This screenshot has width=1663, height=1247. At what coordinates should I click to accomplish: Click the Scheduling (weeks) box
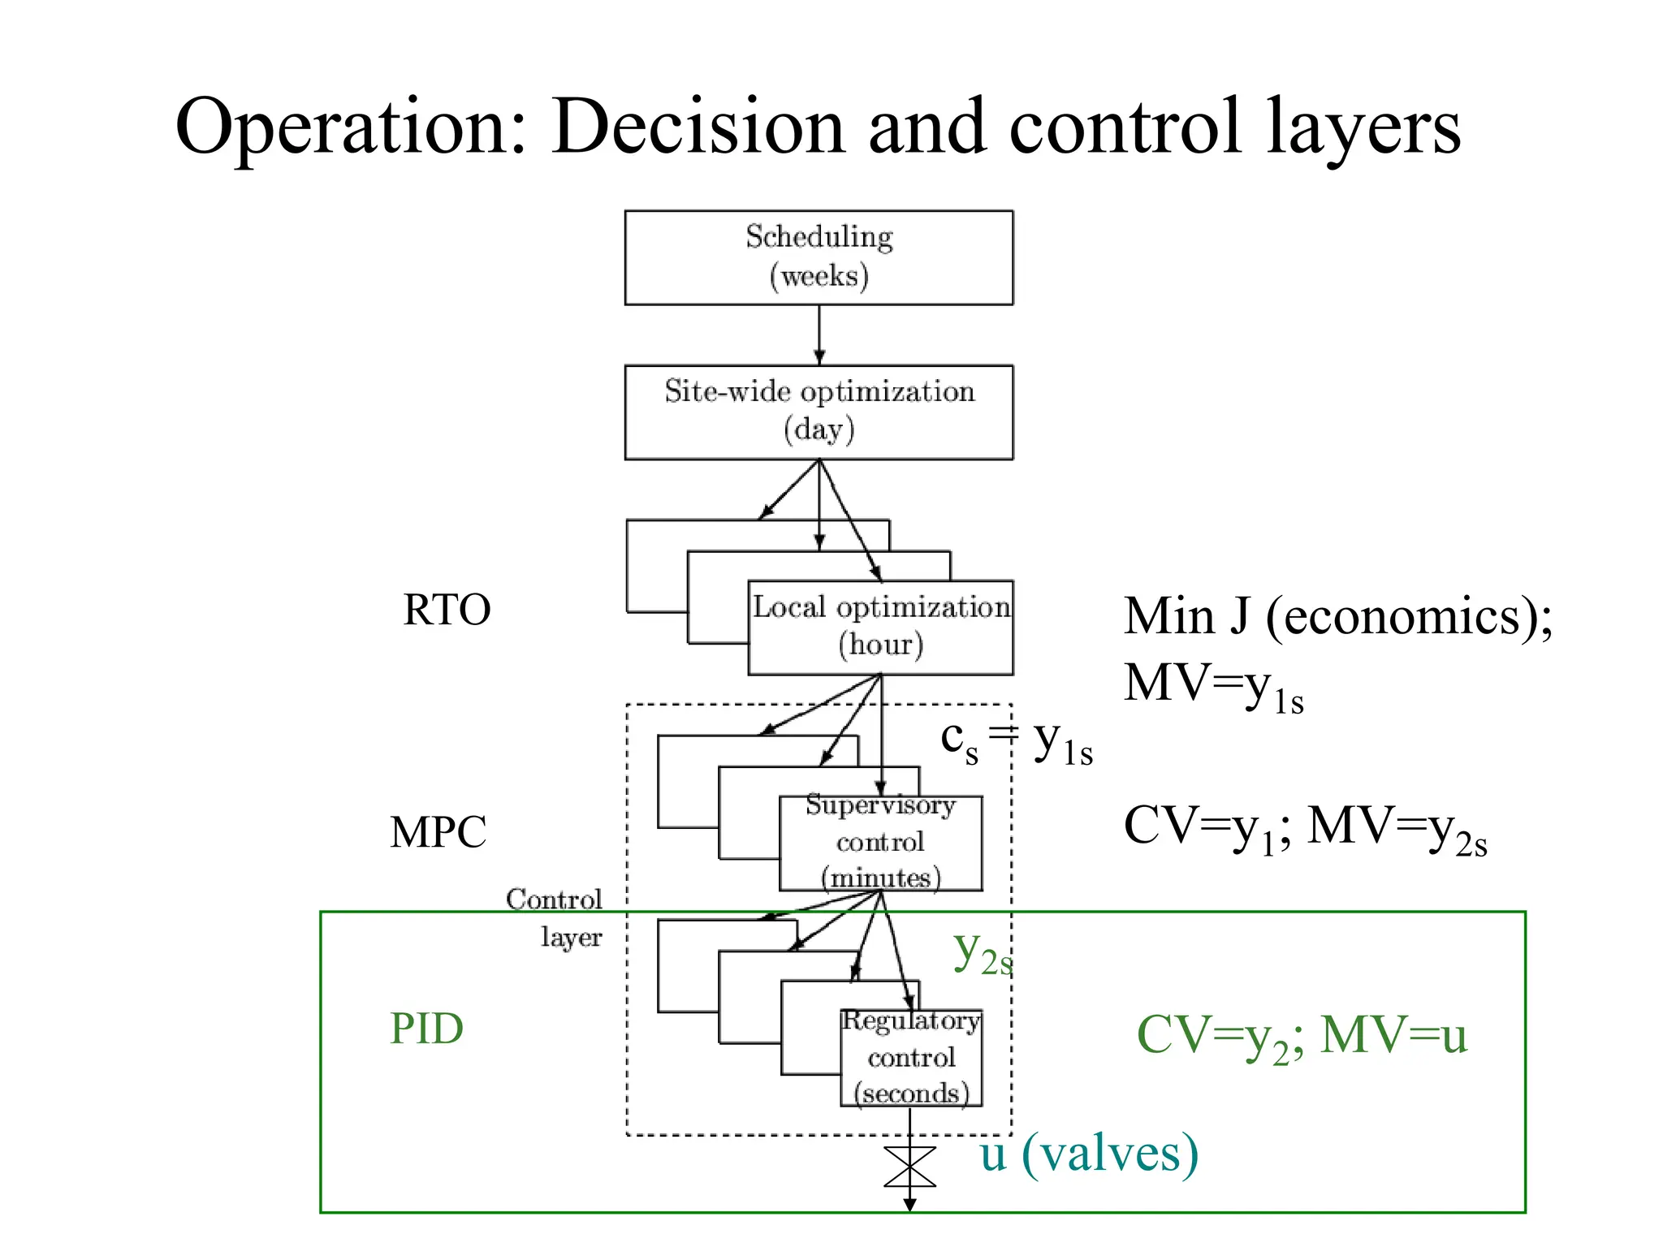pos(819,257)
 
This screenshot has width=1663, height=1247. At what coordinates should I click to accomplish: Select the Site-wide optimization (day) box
pos(819,412)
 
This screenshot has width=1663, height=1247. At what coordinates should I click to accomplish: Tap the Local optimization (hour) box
pos(880,627)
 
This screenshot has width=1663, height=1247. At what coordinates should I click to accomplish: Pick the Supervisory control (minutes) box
pos(880,843)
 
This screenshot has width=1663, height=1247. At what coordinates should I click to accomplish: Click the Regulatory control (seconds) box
pos(911,1057)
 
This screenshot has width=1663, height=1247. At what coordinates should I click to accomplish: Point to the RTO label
pos(447,610)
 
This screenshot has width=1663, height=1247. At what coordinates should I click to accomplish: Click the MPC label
pos(438,832)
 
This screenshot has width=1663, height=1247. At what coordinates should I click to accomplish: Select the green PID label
pos(426,1029)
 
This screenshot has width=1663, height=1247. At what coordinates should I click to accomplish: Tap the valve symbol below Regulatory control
pos(909,1167)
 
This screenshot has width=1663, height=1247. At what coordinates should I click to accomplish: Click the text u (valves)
pos(1088,1154)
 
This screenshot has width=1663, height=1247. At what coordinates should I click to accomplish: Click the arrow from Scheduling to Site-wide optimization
pos(819,334)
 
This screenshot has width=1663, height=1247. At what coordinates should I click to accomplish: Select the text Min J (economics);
pos(1337,617)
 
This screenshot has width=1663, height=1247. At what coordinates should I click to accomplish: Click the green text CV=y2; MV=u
pos(1302,1037)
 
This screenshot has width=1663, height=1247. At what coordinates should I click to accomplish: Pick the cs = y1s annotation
pos(1016,741)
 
